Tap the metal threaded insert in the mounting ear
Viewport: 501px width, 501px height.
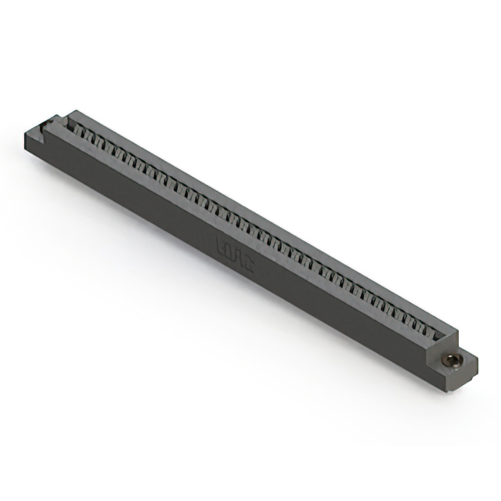[x=451, y=361]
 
